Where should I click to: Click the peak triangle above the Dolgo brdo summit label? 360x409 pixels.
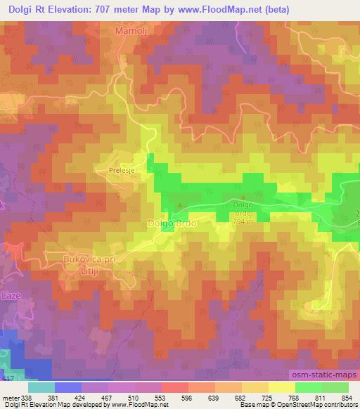pos(243,197)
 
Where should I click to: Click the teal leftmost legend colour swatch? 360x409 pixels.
pos(41,387)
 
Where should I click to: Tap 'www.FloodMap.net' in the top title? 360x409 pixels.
pos(221,9)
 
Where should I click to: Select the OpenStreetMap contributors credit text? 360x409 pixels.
pos(323,405)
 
